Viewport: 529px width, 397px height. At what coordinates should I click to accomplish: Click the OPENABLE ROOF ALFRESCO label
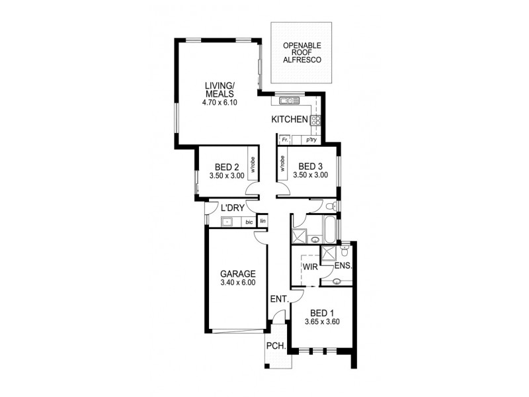302,52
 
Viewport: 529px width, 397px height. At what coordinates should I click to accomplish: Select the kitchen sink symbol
290,101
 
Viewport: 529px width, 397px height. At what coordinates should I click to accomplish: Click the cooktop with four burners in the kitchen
315,120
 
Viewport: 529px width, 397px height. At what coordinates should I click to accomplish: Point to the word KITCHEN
290,120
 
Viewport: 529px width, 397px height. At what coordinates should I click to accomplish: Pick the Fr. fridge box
285,140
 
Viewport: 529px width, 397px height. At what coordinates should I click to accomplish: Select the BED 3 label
310,166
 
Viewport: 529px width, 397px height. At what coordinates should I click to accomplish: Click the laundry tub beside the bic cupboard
227,222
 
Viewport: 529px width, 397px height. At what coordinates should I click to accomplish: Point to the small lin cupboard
263,221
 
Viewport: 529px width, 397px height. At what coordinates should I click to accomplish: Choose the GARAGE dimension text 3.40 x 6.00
237,283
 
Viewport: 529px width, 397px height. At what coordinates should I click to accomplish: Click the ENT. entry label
279,299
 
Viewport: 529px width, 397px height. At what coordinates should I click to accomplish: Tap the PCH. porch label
275,345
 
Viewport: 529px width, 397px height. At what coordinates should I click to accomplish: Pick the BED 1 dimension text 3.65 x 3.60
323,322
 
